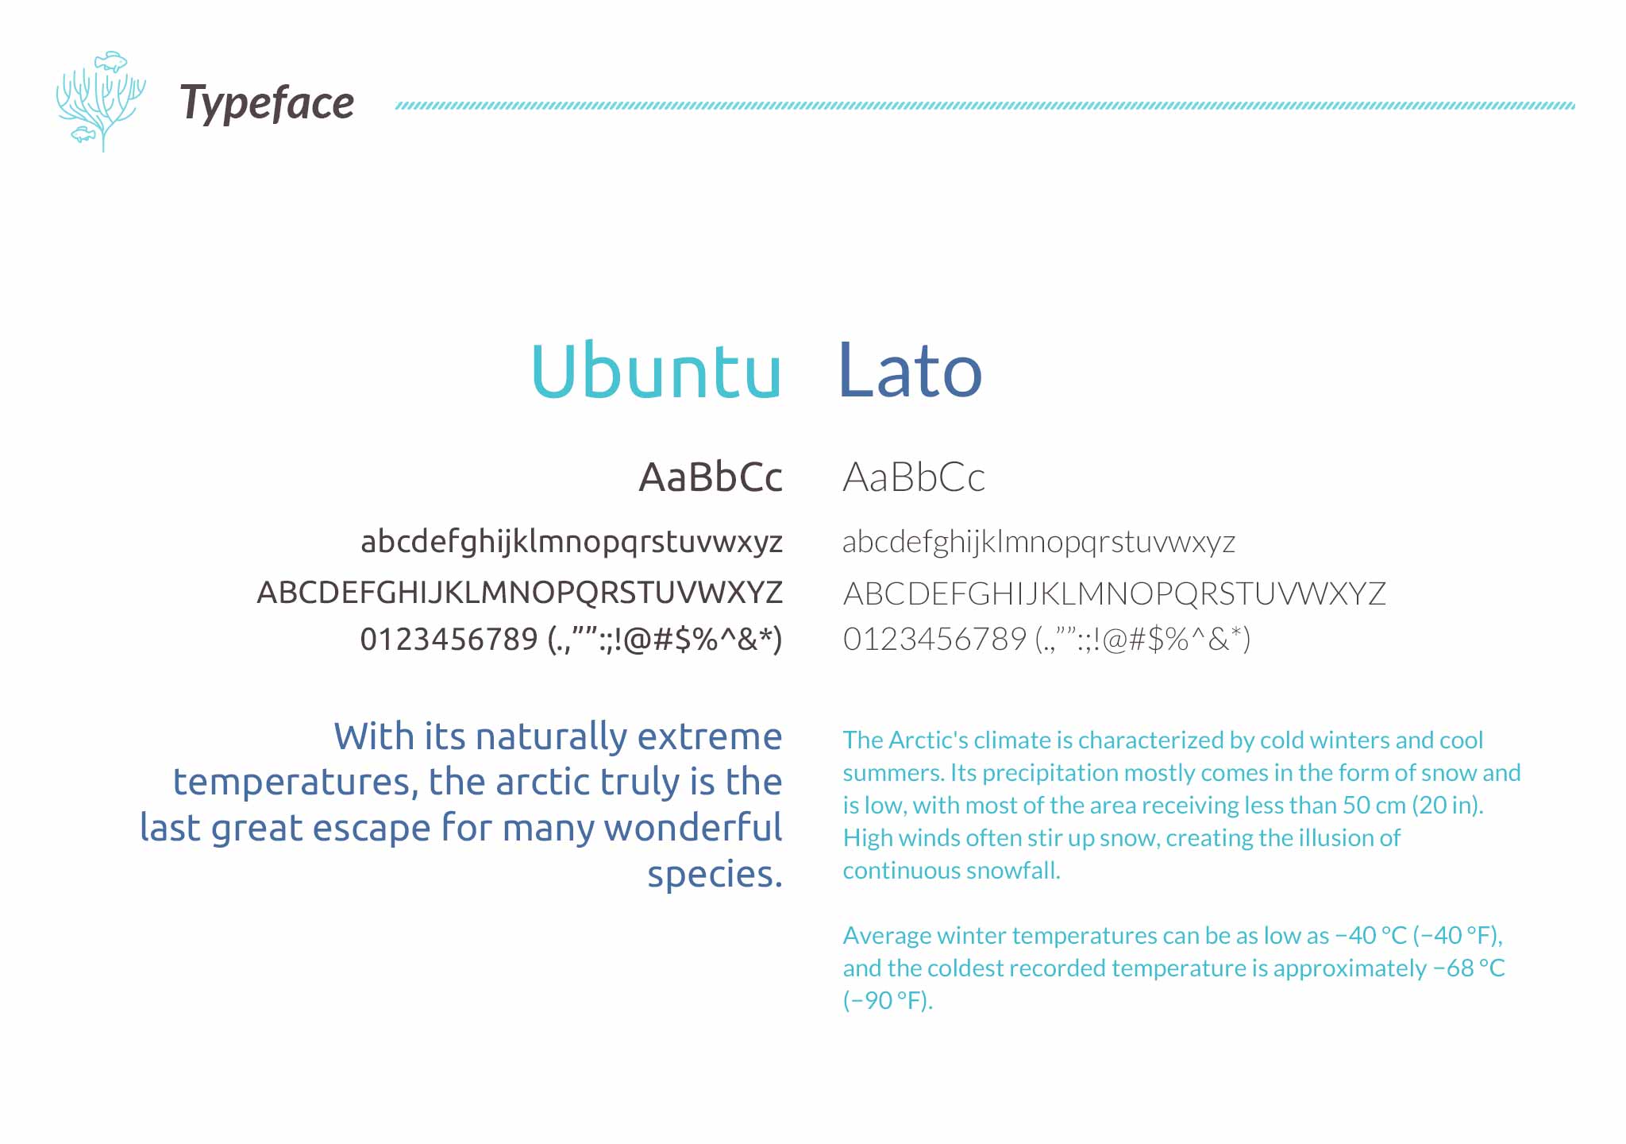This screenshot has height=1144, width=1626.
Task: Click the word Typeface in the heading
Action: (x=267, y=104)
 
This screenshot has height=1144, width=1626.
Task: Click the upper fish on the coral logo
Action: (x=111, y=60)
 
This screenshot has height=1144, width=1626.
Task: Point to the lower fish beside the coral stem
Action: (x=83, y=134)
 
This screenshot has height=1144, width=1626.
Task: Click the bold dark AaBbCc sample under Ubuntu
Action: (x=711, y=477)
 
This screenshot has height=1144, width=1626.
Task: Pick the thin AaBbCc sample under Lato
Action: (x=914, y=477)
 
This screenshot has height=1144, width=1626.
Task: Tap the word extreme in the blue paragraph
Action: (x=710, y=737)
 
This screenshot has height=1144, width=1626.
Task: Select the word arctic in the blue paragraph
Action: (x=542, y=782)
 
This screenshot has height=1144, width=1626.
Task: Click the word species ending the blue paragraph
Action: (x=715, y=875)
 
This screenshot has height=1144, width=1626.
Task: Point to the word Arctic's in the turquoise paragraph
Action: (x=927, y=740)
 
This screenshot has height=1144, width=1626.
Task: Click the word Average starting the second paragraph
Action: (x=887, y=936)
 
